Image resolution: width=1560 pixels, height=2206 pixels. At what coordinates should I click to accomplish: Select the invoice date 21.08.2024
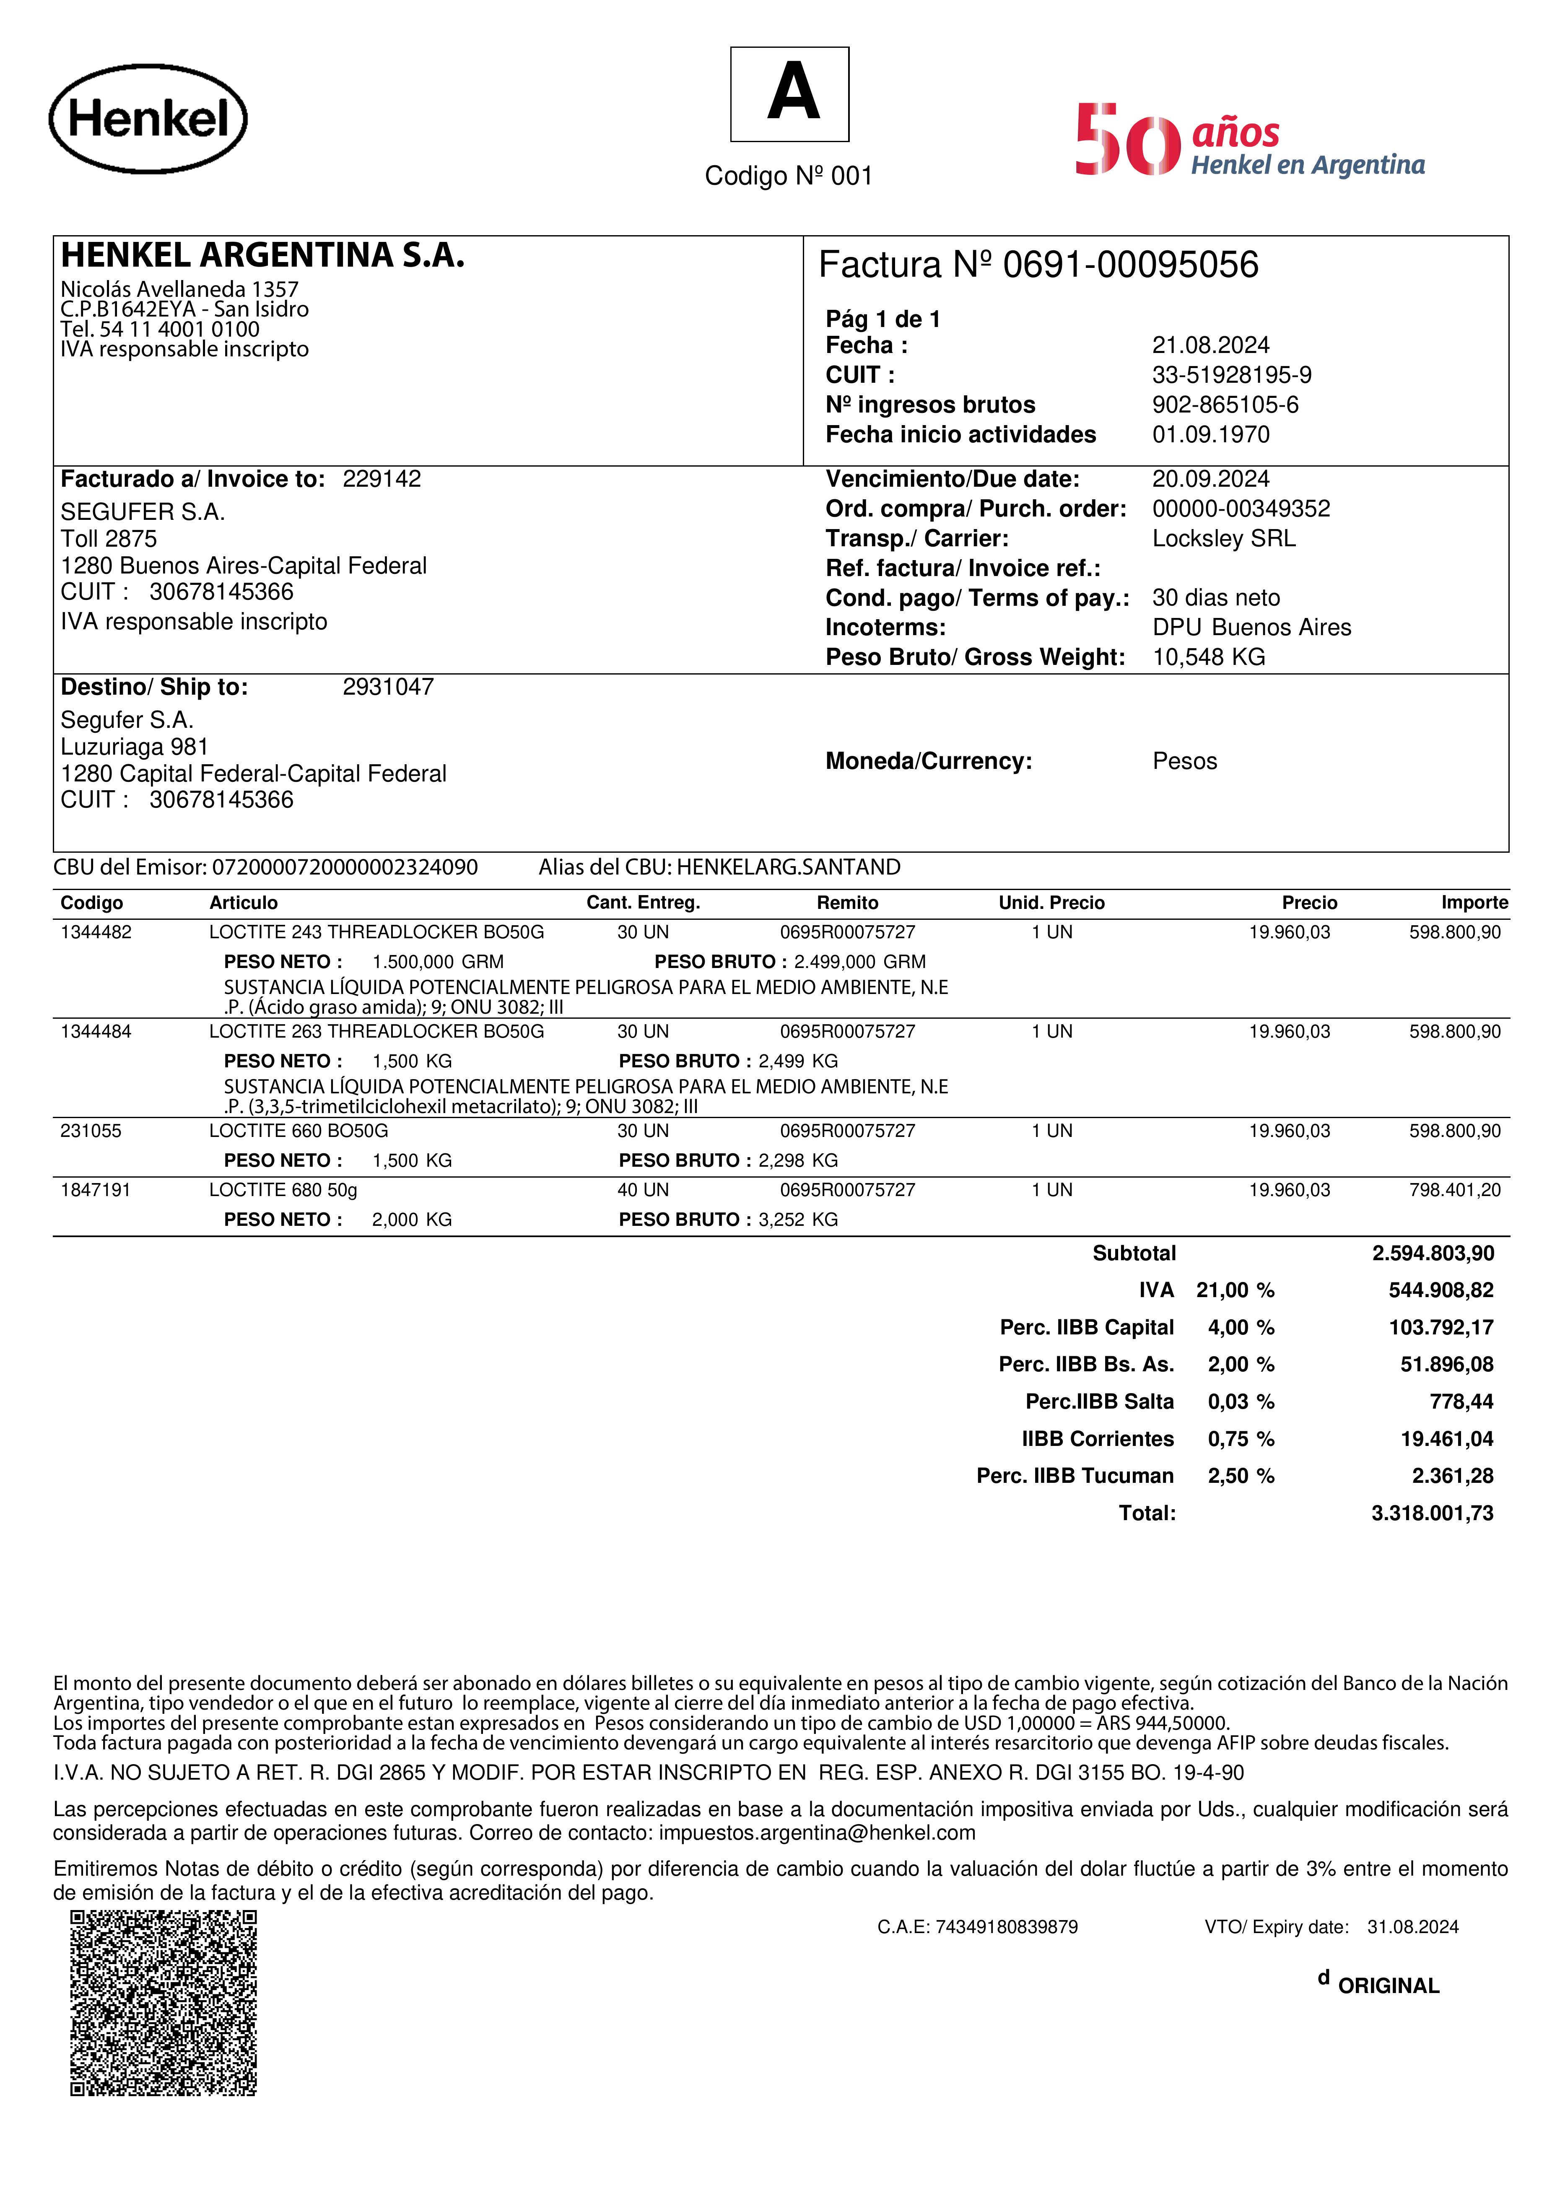(1210, 345)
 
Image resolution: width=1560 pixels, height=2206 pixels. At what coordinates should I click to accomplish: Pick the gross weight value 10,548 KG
(1208, 657)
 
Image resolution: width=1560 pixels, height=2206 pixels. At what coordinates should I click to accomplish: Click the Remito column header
(847, 903)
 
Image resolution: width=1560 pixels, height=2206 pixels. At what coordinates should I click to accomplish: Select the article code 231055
(91, 1131)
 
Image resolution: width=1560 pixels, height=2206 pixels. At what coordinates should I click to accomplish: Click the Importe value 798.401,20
(1454, 1191)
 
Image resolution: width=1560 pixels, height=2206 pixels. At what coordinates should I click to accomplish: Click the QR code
(164, 2003)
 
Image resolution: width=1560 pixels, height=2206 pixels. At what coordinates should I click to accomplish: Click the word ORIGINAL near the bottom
(1388, 1986)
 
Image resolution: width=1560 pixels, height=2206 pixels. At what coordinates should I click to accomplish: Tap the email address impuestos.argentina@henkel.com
(817, 1833)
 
